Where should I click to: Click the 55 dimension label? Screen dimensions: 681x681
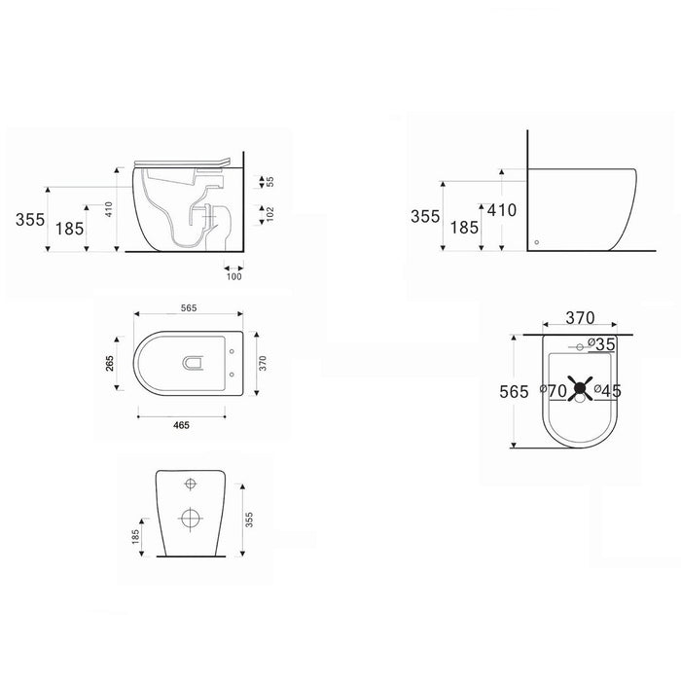(270, 182)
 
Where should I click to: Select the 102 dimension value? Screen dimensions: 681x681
(270, 215)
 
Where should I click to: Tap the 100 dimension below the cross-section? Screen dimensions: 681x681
(234, 276)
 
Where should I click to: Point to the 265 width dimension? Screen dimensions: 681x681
(109, 364)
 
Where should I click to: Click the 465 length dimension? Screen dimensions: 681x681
(181, 425)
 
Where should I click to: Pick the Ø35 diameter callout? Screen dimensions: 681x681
(602, 344)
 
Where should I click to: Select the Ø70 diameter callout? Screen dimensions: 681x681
(554, 391)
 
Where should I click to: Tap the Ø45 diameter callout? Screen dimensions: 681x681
(608, 391)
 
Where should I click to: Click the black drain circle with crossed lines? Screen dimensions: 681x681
(580, 388)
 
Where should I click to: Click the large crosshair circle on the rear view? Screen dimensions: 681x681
(191, 519)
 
